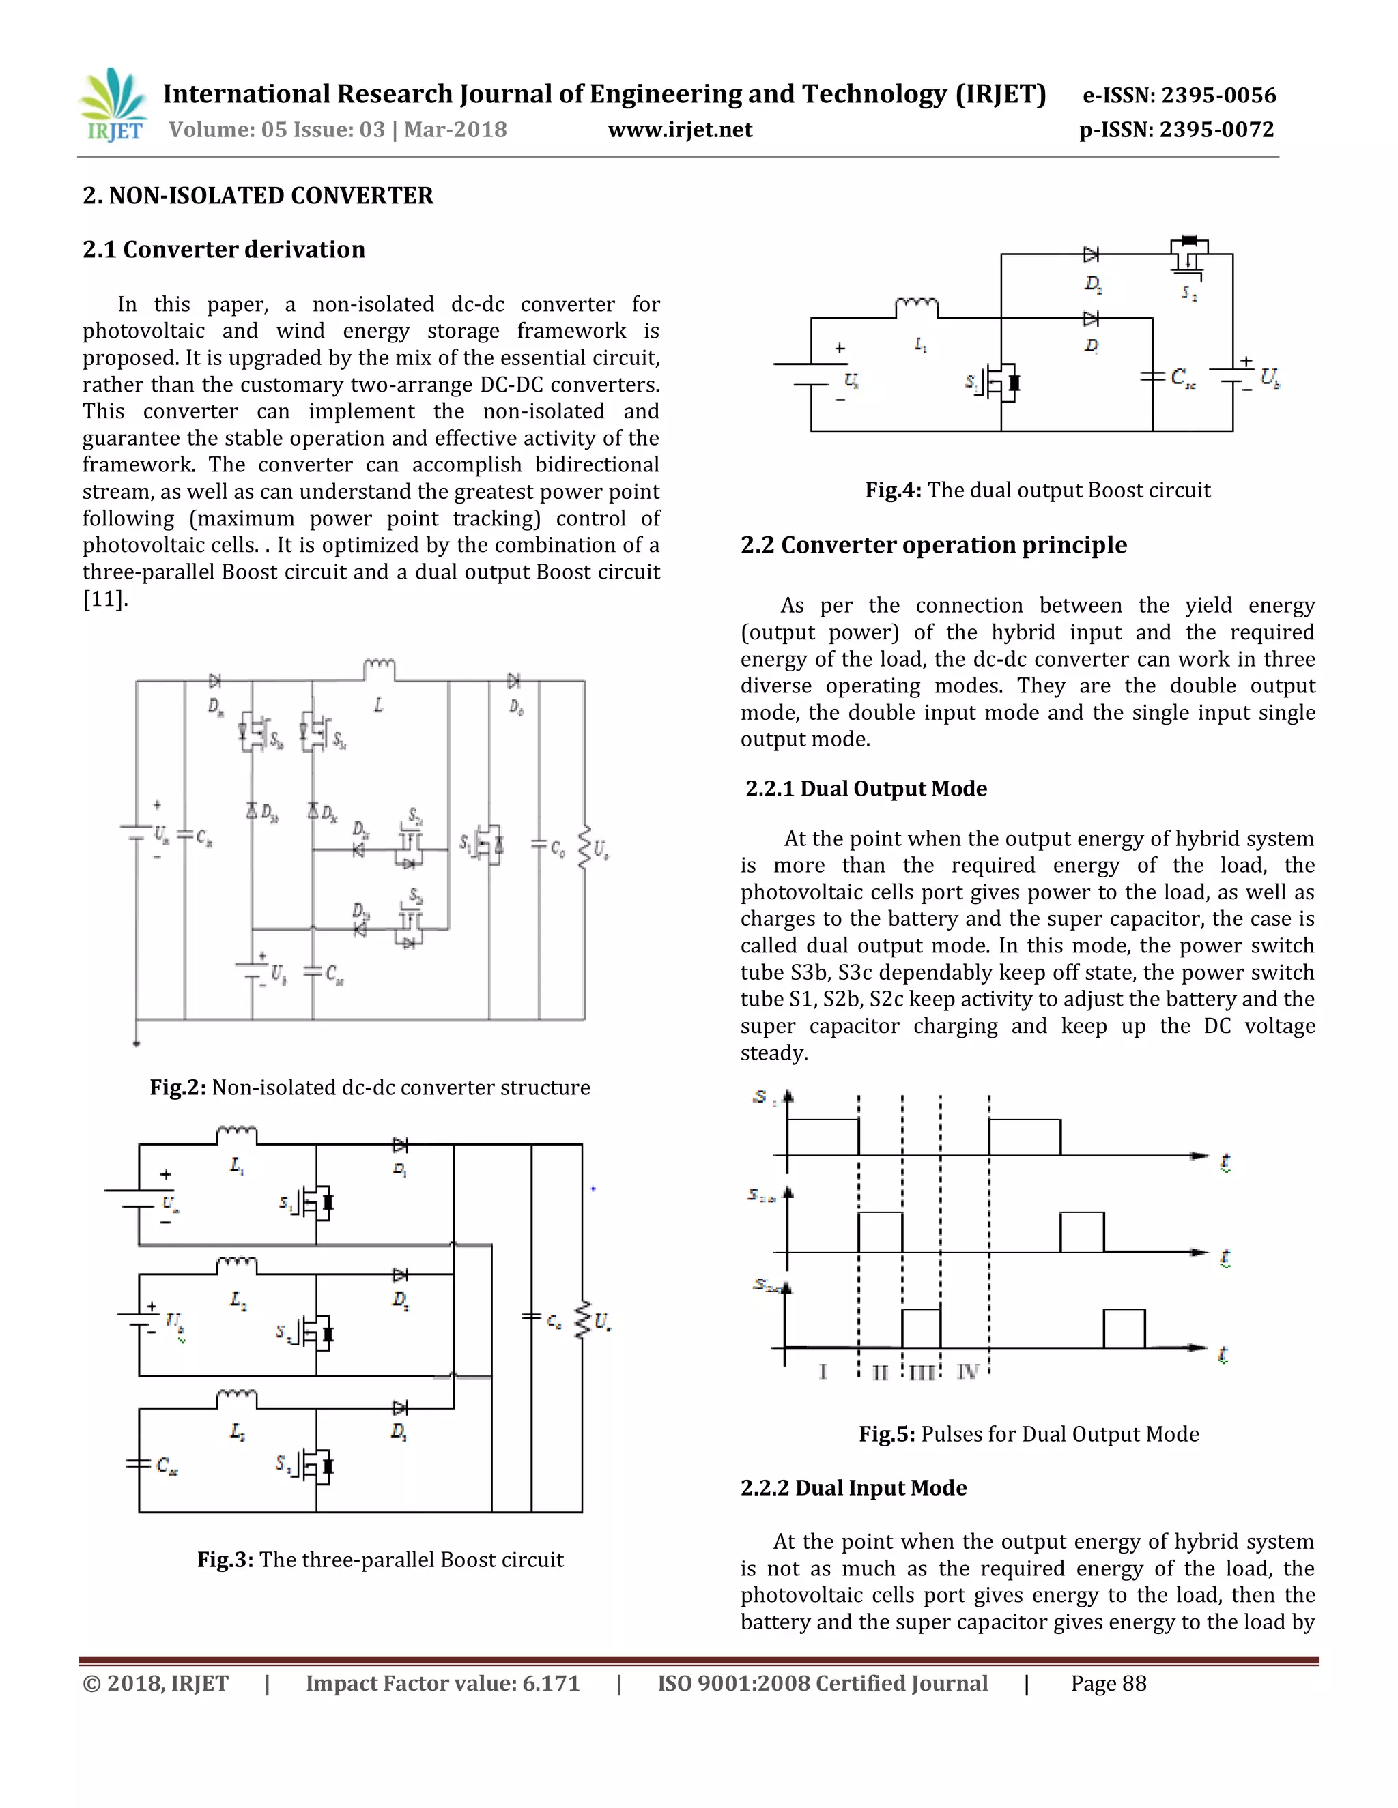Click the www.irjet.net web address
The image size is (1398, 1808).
tap(680, 130)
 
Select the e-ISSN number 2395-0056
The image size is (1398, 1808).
tap(1218, 96)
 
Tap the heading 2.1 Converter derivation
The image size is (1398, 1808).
tap(224, 249)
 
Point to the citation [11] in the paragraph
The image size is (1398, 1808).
tap(104, 598)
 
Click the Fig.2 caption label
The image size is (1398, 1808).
tap(177, 1087)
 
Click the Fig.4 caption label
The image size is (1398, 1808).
tap(893, 490)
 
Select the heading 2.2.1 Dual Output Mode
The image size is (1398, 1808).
tap(866, 788)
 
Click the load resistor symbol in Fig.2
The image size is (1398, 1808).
tap(585, 847)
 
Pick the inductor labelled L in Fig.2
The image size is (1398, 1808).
tap(380, 668)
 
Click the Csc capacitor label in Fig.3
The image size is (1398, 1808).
tap(167, 1466)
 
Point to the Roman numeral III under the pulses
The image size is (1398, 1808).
tap(921, 1373)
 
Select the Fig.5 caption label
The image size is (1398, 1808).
tap(886, 1435)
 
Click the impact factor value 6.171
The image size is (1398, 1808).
tap(551, 1683)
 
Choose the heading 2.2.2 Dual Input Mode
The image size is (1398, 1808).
tap(853, 1487)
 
